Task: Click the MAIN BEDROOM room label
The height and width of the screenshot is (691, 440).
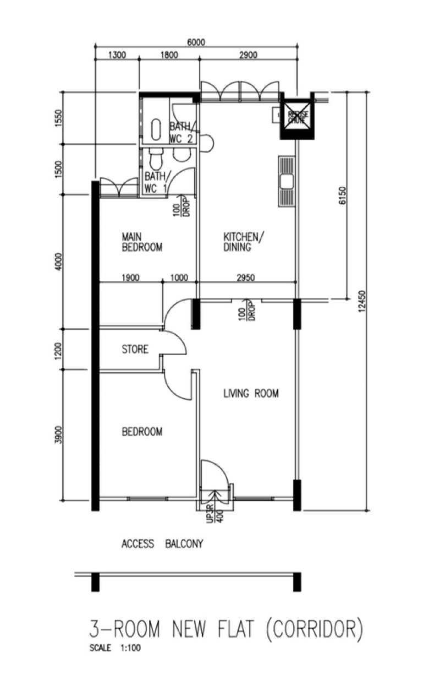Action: (142, 242)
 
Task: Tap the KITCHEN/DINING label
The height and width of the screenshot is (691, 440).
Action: (243, 242)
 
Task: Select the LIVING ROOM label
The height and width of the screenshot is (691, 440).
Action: (251, 394)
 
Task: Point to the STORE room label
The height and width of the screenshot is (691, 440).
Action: (135, 349)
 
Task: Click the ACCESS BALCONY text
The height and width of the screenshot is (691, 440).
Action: (162, 544)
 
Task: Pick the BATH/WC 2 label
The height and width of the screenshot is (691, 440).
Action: (181, 133)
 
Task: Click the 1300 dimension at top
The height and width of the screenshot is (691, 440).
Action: (117, 55)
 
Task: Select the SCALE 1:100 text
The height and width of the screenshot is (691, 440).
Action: (115, 648)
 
